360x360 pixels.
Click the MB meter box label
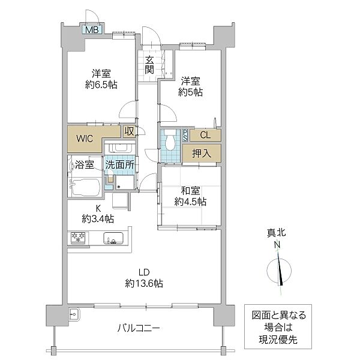pyautogui.click(x=92, y=29)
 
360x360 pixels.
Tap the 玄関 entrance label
pyautogui.click(x=149, y=64)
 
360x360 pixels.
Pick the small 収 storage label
pyautogui.click(x=129, y=131)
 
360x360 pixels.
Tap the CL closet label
pyautogui.click(x=205, y=135)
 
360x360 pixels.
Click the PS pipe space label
pyautogui.click(x=186, y=135)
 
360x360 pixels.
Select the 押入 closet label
pyautogui.click(x=202, y=153)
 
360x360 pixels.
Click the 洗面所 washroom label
pyautogui.click(x=120, y=164)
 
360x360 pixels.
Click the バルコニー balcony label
pyautogui.click(x=138, y=328)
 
